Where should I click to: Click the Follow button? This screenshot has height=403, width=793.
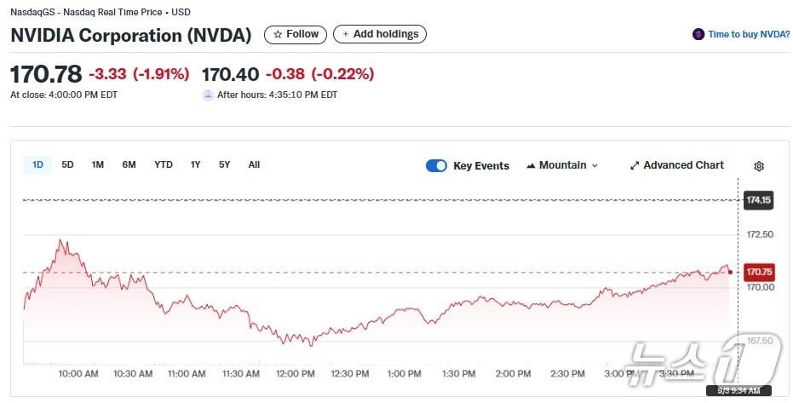296,34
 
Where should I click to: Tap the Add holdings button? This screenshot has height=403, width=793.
380,34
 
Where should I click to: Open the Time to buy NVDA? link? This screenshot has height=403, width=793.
742,34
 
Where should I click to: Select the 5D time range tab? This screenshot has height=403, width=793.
67,164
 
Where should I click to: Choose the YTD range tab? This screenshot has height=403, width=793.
163,164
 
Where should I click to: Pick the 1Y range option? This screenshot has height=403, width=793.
195,164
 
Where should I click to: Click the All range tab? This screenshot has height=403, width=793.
254,164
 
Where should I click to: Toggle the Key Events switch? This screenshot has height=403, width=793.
436,165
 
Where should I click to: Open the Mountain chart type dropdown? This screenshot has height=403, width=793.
562,165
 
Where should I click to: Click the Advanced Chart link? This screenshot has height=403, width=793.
676,165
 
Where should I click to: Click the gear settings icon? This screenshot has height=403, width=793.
759,166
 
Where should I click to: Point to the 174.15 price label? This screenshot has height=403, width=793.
758,200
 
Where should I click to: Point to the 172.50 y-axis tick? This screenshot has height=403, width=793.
759,234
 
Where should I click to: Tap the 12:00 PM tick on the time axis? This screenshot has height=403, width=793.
296,373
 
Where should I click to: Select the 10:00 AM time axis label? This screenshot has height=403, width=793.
78,373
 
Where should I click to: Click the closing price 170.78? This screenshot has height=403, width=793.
45,74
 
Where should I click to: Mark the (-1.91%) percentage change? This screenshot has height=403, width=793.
161,74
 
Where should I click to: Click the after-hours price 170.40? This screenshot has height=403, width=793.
229,74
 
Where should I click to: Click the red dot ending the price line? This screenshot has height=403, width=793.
730,272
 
